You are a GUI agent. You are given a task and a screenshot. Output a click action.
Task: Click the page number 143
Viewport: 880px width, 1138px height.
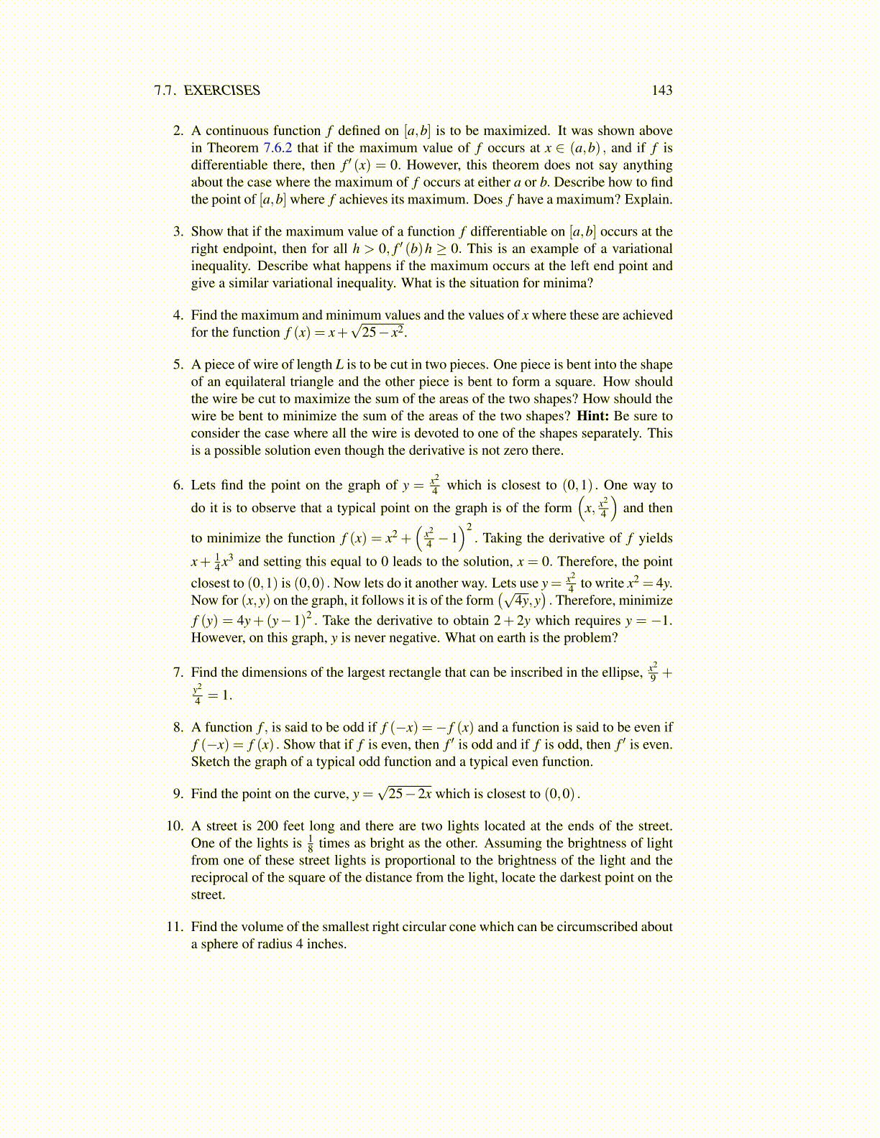(661, 91)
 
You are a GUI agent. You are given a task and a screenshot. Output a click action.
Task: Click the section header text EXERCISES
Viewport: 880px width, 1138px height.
(221, 91)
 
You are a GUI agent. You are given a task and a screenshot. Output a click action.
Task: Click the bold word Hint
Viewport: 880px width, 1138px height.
(592, 417)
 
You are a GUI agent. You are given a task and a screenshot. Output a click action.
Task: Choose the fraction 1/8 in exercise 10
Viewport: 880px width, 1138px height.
(310, 843)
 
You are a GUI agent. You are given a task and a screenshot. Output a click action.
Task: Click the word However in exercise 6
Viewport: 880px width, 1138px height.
(218, 638)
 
